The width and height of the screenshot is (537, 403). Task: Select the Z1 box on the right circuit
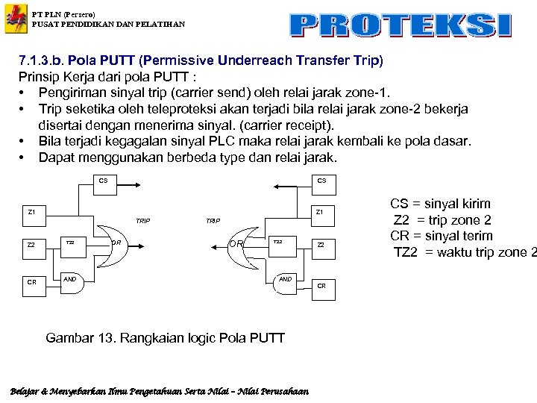pyautogui.click(x=319, y=212)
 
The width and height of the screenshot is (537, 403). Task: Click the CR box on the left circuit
pyautogui.click(x=31, y=282)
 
